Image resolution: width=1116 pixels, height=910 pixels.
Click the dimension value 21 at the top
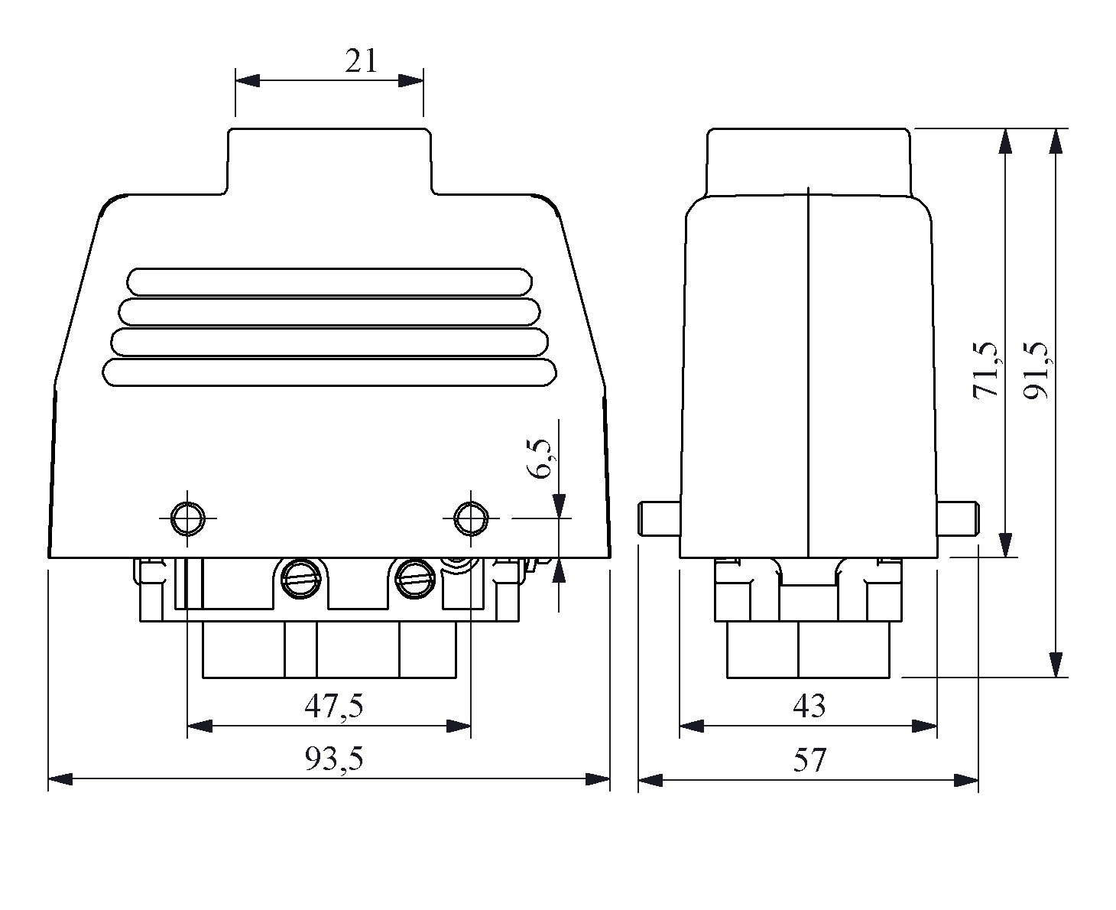(360, 60)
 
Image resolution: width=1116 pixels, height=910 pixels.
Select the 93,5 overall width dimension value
(334, 759)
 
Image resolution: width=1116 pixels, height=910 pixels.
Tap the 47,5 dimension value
(333, 706)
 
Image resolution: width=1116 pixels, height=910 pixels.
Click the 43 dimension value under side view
(809, 706)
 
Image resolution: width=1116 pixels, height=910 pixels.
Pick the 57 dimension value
(809, 760)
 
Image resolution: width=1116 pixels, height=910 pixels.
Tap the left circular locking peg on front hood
(187, 518)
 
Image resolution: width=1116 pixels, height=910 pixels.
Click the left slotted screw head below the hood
(299, 577)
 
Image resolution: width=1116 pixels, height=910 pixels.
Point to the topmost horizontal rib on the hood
(330, 281)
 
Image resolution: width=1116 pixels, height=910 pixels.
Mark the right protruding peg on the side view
(958, 518)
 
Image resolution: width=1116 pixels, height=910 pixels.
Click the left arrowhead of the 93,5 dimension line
(60, 779)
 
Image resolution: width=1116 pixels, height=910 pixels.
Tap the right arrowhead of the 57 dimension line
(967, 780)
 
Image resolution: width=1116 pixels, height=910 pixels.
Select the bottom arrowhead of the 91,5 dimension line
(1056, 665)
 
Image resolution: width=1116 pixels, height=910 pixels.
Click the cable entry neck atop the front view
(329, 161)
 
